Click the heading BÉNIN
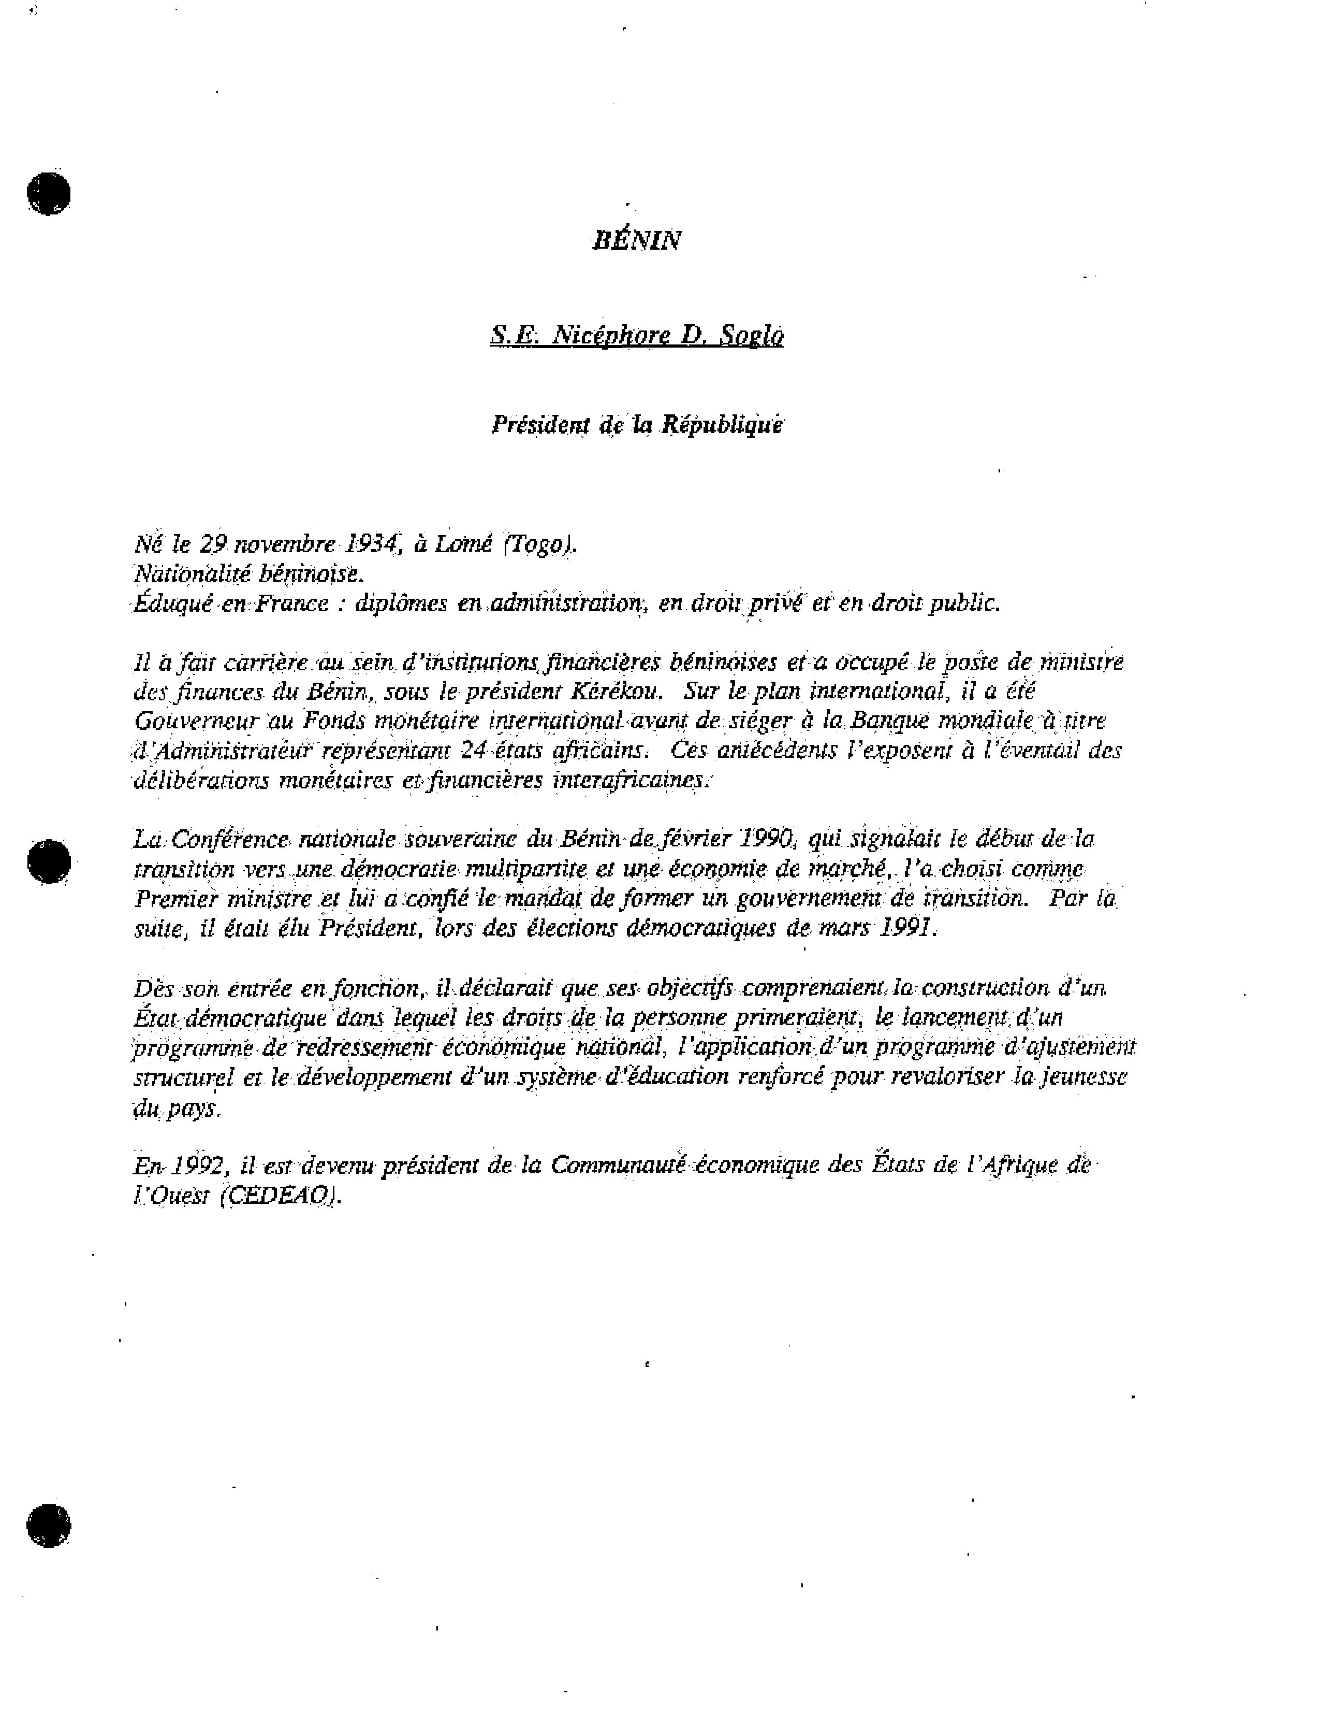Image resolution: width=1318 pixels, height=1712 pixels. click(636, 240)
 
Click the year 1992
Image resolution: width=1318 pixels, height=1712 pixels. click(196, 1166)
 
